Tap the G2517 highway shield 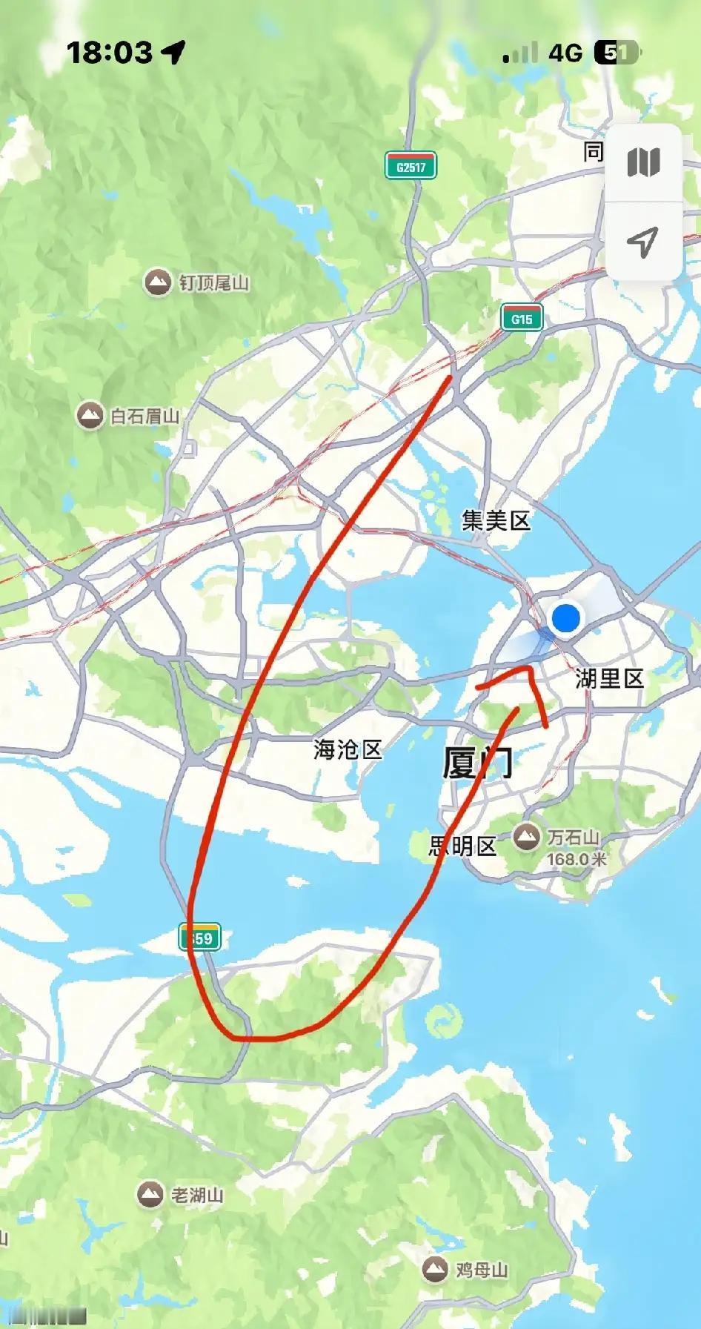point(411,166)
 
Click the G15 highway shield point(522,319)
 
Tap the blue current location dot point(566,617)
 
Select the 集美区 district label point(496,520)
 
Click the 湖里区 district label point(609,678)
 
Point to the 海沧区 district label point(347,749)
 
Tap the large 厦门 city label point(477,762)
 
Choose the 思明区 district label point(462,846)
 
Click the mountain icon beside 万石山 point(527,838)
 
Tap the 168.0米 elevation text point(577,859)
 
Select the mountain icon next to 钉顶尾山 point(157,282)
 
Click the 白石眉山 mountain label point(145,416)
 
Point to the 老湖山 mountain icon point(150,1194)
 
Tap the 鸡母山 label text point(482,1270)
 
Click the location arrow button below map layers point(642,241)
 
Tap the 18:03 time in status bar point(110,53)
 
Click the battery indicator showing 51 point(617,53)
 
